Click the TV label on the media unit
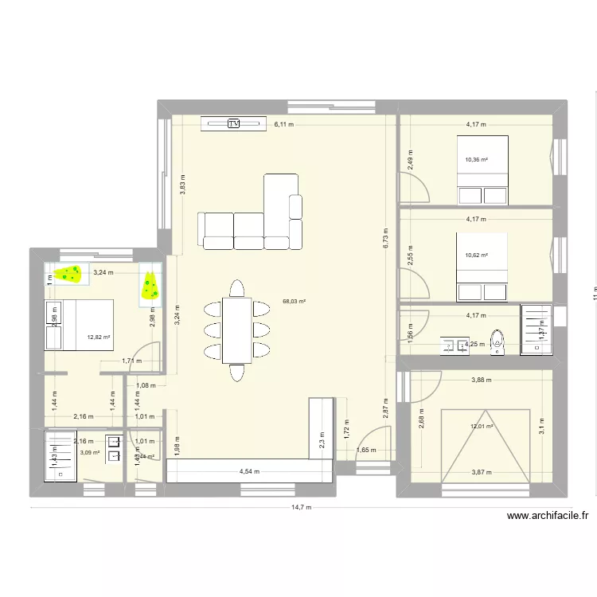point(234,123)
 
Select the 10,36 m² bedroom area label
point(476,159)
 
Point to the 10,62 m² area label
point(476,256)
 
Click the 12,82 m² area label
point(99,337)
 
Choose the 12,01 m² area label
point(482,427)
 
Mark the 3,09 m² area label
point(90,453)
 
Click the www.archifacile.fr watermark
point(548,516)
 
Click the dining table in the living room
point(236,328)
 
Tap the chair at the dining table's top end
point(236,287)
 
